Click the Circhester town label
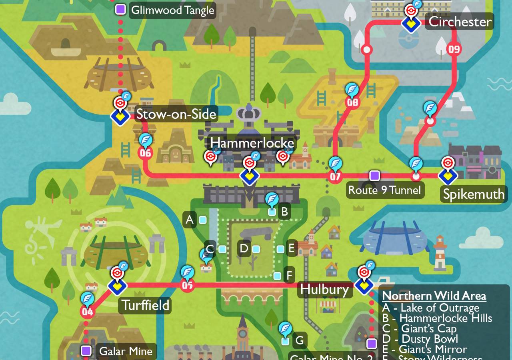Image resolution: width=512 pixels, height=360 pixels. click(460, 21)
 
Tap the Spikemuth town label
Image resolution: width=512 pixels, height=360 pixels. click(474, 194)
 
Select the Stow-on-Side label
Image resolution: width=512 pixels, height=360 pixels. click(176, 114)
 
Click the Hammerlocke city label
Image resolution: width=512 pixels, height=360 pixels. click(252, 143)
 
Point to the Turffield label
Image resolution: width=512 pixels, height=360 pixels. click(145, 305)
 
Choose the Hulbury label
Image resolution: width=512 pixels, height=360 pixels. click(324, 289)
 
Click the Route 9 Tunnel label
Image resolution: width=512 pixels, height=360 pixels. click(384, 190)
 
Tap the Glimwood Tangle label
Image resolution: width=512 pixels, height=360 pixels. click(172, 10)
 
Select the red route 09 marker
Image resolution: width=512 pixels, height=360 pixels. click(454, 49)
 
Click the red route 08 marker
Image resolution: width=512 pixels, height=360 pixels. click(352, 102)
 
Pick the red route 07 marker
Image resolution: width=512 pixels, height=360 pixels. click(335, 176)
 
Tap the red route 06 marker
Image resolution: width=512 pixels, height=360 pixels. click(145, 153)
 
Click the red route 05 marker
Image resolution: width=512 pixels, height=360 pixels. click(187, 285)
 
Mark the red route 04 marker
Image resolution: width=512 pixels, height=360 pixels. click(87, 312)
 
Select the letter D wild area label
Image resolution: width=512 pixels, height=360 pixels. click(244, 249)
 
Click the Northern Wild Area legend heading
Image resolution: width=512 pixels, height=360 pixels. click(434, 296)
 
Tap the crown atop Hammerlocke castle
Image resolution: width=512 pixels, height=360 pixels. click(249, 113)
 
